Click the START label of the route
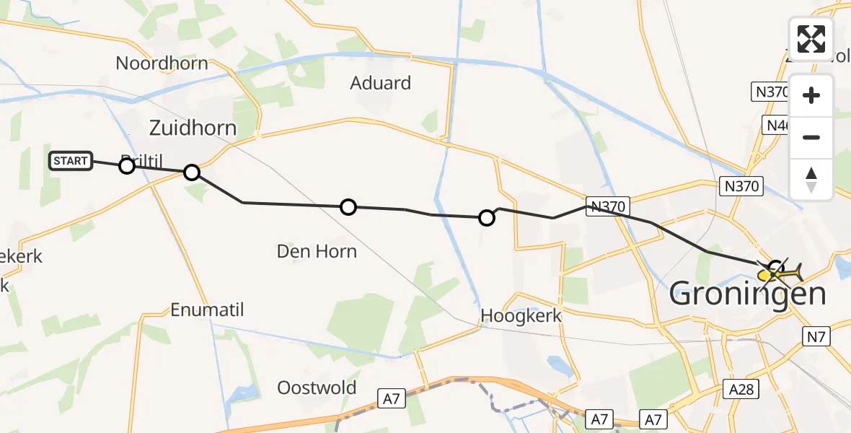point(71,161)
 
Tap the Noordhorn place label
point(162,64)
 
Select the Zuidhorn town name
point(193,128)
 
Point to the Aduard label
point(380,83)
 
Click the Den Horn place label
point(317,251)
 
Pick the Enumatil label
point(207,310)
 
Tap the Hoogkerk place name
point(521,315)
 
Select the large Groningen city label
point(748,294)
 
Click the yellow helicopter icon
point(780,273)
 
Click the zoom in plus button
point(811,95)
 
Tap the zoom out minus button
point(811,137)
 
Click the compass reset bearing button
point(811,179)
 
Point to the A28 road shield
point(741,390)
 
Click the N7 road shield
point(816,336)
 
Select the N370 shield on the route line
point(607,206)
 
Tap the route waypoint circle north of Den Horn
point(348,207)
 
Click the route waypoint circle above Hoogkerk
point(487,217)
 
